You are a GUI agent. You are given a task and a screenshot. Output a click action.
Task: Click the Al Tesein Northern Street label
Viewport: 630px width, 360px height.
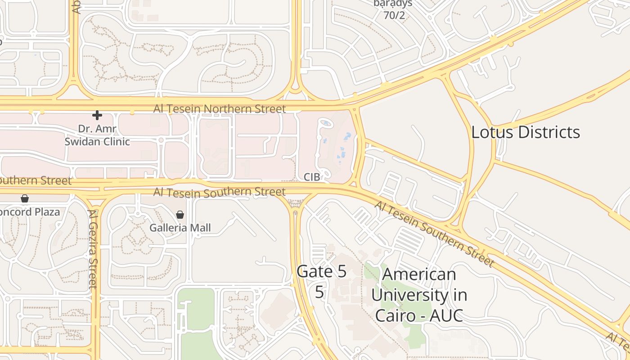(219, 109)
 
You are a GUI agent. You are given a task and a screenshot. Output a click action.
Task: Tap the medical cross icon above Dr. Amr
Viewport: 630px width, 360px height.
(97, 115)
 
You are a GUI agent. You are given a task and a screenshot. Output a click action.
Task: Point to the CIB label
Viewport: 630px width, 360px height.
(312, 177)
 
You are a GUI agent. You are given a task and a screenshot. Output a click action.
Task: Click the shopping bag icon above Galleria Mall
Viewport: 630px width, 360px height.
(180, 215)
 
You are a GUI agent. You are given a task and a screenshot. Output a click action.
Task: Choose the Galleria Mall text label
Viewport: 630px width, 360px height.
(180, 228)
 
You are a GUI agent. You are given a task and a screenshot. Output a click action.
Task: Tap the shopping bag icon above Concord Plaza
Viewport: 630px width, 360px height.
(25, 198)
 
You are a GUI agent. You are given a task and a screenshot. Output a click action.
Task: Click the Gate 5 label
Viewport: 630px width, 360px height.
(322, 271)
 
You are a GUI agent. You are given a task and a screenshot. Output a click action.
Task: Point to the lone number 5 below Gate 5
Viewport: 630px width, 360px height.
(319, 292)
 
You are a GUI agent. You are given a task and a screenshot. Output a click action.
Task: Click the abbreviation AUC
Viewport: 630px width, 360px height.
(446, 315)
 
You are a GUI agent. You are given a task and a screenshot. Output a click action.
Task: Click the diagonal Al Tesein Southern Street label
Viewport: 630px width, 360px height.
(434, 234)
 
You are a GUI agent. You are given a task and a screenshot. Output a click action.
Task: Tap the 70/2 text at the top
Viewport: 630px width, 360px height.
(394, 15)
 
